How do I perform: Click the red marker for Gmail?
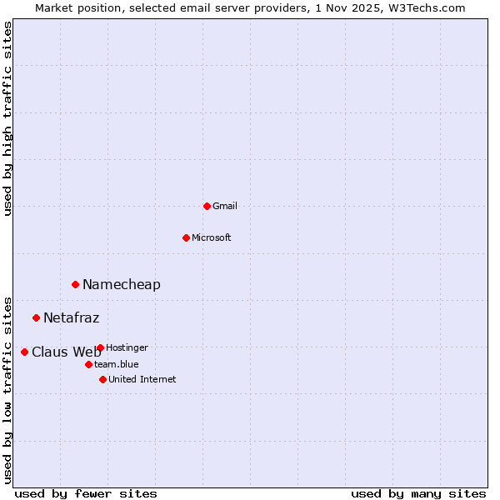pyautogui.click(x=207, y=206)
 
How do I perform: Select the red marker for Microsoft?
pyautogui.click(x=186, y=237)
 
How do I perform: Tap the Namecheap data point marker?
pyautogui.click(x=75, y=284)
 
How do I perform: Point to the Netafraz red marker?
pyautogui.click(x=36, y=317)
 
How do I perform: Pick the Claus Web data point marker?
pyautogui.click(x=24, y=352)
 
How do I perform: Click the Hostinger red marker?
pyautogui.click(x=100, y=347)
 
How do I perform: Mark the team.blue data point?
pyautogui.click(x=88, y=364)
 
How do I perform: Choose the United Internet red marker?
pyautogui.click(x=102, y=379)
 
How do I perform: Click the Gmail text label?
pyautogui.click(x=225, y=206)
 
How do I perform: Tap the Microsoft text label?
pyautogui.click(x=212, y=237)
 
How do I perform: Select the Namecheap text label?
pyautogui.click(x=122, y=284)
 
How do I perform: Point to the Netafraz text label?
pyautogui.click(x=72, y=317)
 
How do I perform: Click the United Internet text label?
pyautogui.click(x=142, y=379)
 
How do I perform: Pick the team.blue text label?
pyautogui.click(x=117, y=364)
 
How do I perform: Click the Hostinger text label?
pyautogui.click(x=127, y=347)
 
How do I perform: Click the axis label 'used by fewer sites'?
pyautogui.click(x=86, y=493)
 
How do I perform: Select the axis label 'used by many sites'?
pyautogui.click(x=418, y=493)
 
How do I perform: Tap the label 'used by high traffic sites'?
pyautogui.click(x=7, y=118)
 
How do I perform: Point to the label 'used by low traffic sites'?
pyautogui.click(x=7, y=389)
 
